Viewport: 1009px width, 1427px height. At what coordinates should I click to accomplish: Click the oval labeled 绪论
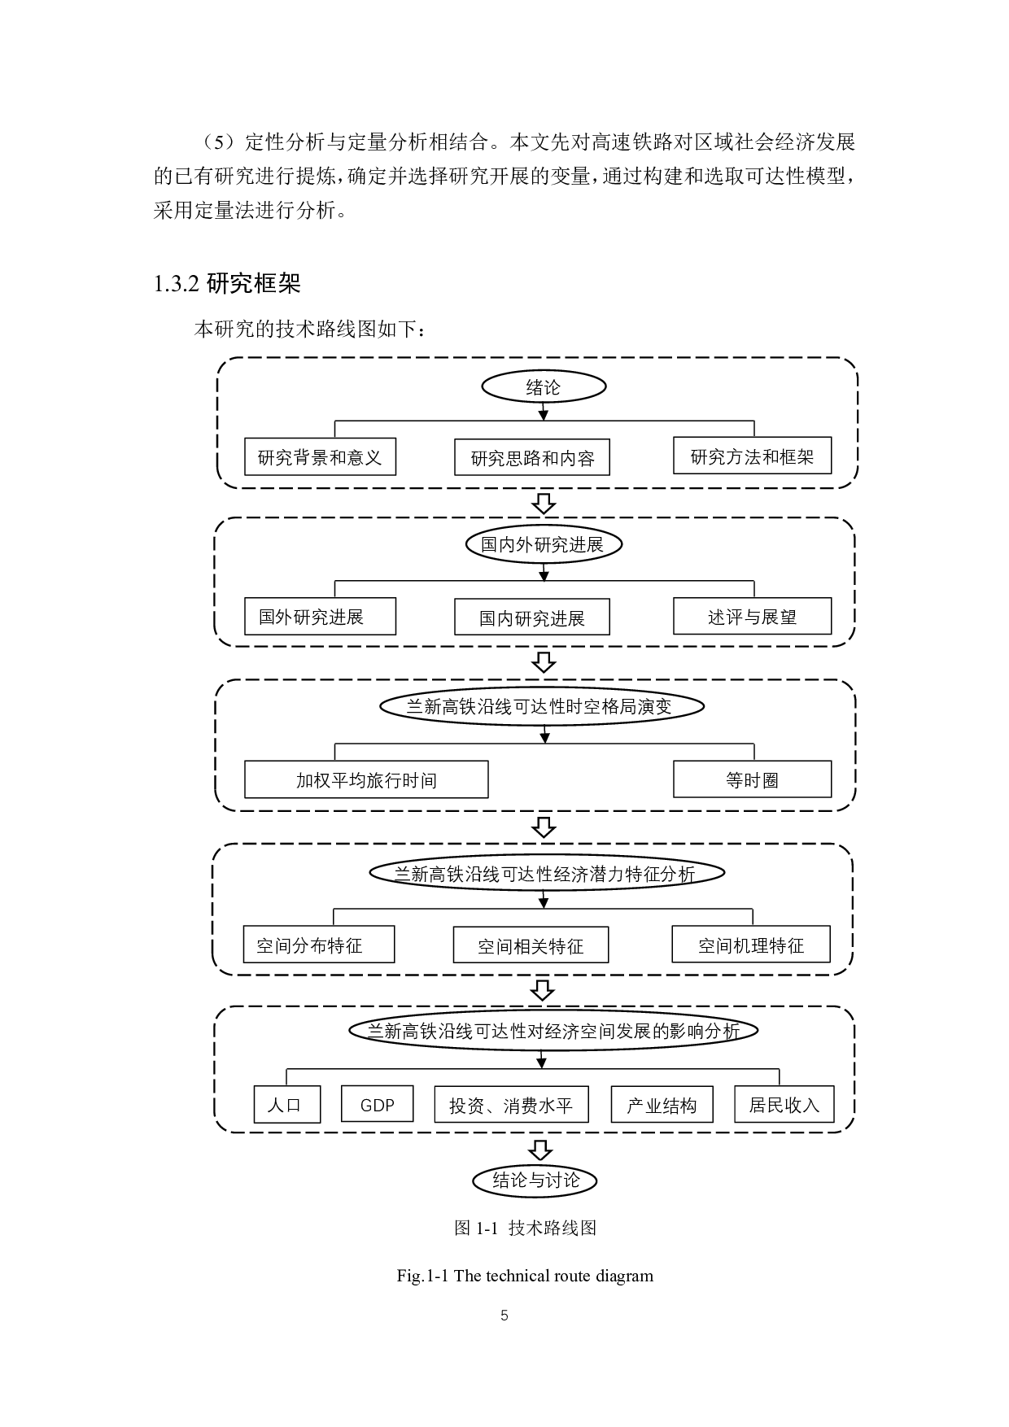pyautogui.click(x=544, y=387)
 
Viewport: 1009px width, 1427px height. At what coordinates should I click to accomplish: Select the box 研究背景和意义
pyautogui.click(x=320, y=457)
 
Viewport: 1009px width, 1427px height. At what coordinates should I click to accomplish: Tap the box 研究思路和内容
pyautogui.click(x=532, y=458)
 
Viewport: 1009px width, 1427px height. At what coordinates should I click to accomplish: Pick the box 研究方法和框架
pyautogui.click(x=752, y=456)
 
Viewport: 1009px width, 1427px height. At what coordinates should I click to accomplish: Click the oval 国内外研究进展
pyautogui.click(x=543, y=544)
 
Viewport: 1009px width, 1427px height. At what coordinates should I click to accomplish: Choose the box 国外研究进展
pyautogui.click(x=320, y=617)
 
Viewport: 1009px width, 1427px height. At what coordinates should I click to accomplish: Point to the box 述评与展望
pyautogui.click(x=752, y=617)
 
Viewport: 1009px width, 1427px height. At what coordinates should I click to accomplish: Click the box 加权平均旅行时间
pyautogui.click(x=366, y=780)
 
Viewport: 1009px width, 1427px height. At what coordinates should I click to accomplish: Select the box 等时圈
pyautogui.click(x=752, y=780)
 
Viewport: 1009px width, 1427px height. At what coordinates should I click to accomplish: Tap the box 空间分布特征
pyautogui.click(x=318, y=945)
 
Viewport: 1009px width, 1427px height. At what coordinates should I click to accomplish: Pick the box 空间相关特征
pyautogui.click(x=531, y=945)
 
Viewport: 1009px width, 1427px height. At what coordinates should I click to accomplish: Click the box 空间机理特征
pyautogui.click(x=750, y=945)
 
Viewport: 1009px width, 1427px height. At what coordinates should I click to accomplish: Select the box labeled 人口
pyautogui.click(x=286, y=1105)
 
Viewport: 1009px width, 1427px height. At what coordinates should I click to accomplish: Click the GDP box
pyautogui.click(x=377, y=1104)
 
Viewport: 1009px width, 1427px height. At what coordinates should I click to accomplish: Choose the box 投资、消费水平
pyautogui.click(x=511, y=1105)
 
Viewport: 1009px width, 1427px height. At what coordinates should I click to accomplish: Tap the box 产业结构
pyautogui.click(x=662, y=1105)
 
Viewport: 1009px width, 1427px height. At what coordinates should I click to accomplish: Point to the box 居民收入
pyautogui.click(x=784, y=1104)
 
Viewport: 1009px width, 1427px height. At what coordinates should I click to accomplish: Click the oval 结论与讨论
pyautogui.click(x=535, y=1180)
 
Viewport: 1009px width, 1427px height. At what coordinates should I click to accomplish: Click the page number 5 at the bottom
pyautogui.click(x=504, y=1316)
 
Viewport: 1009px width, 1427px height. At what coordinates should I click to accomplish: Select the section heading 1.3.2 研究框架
pyautogui.click(x=227, y=284)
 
